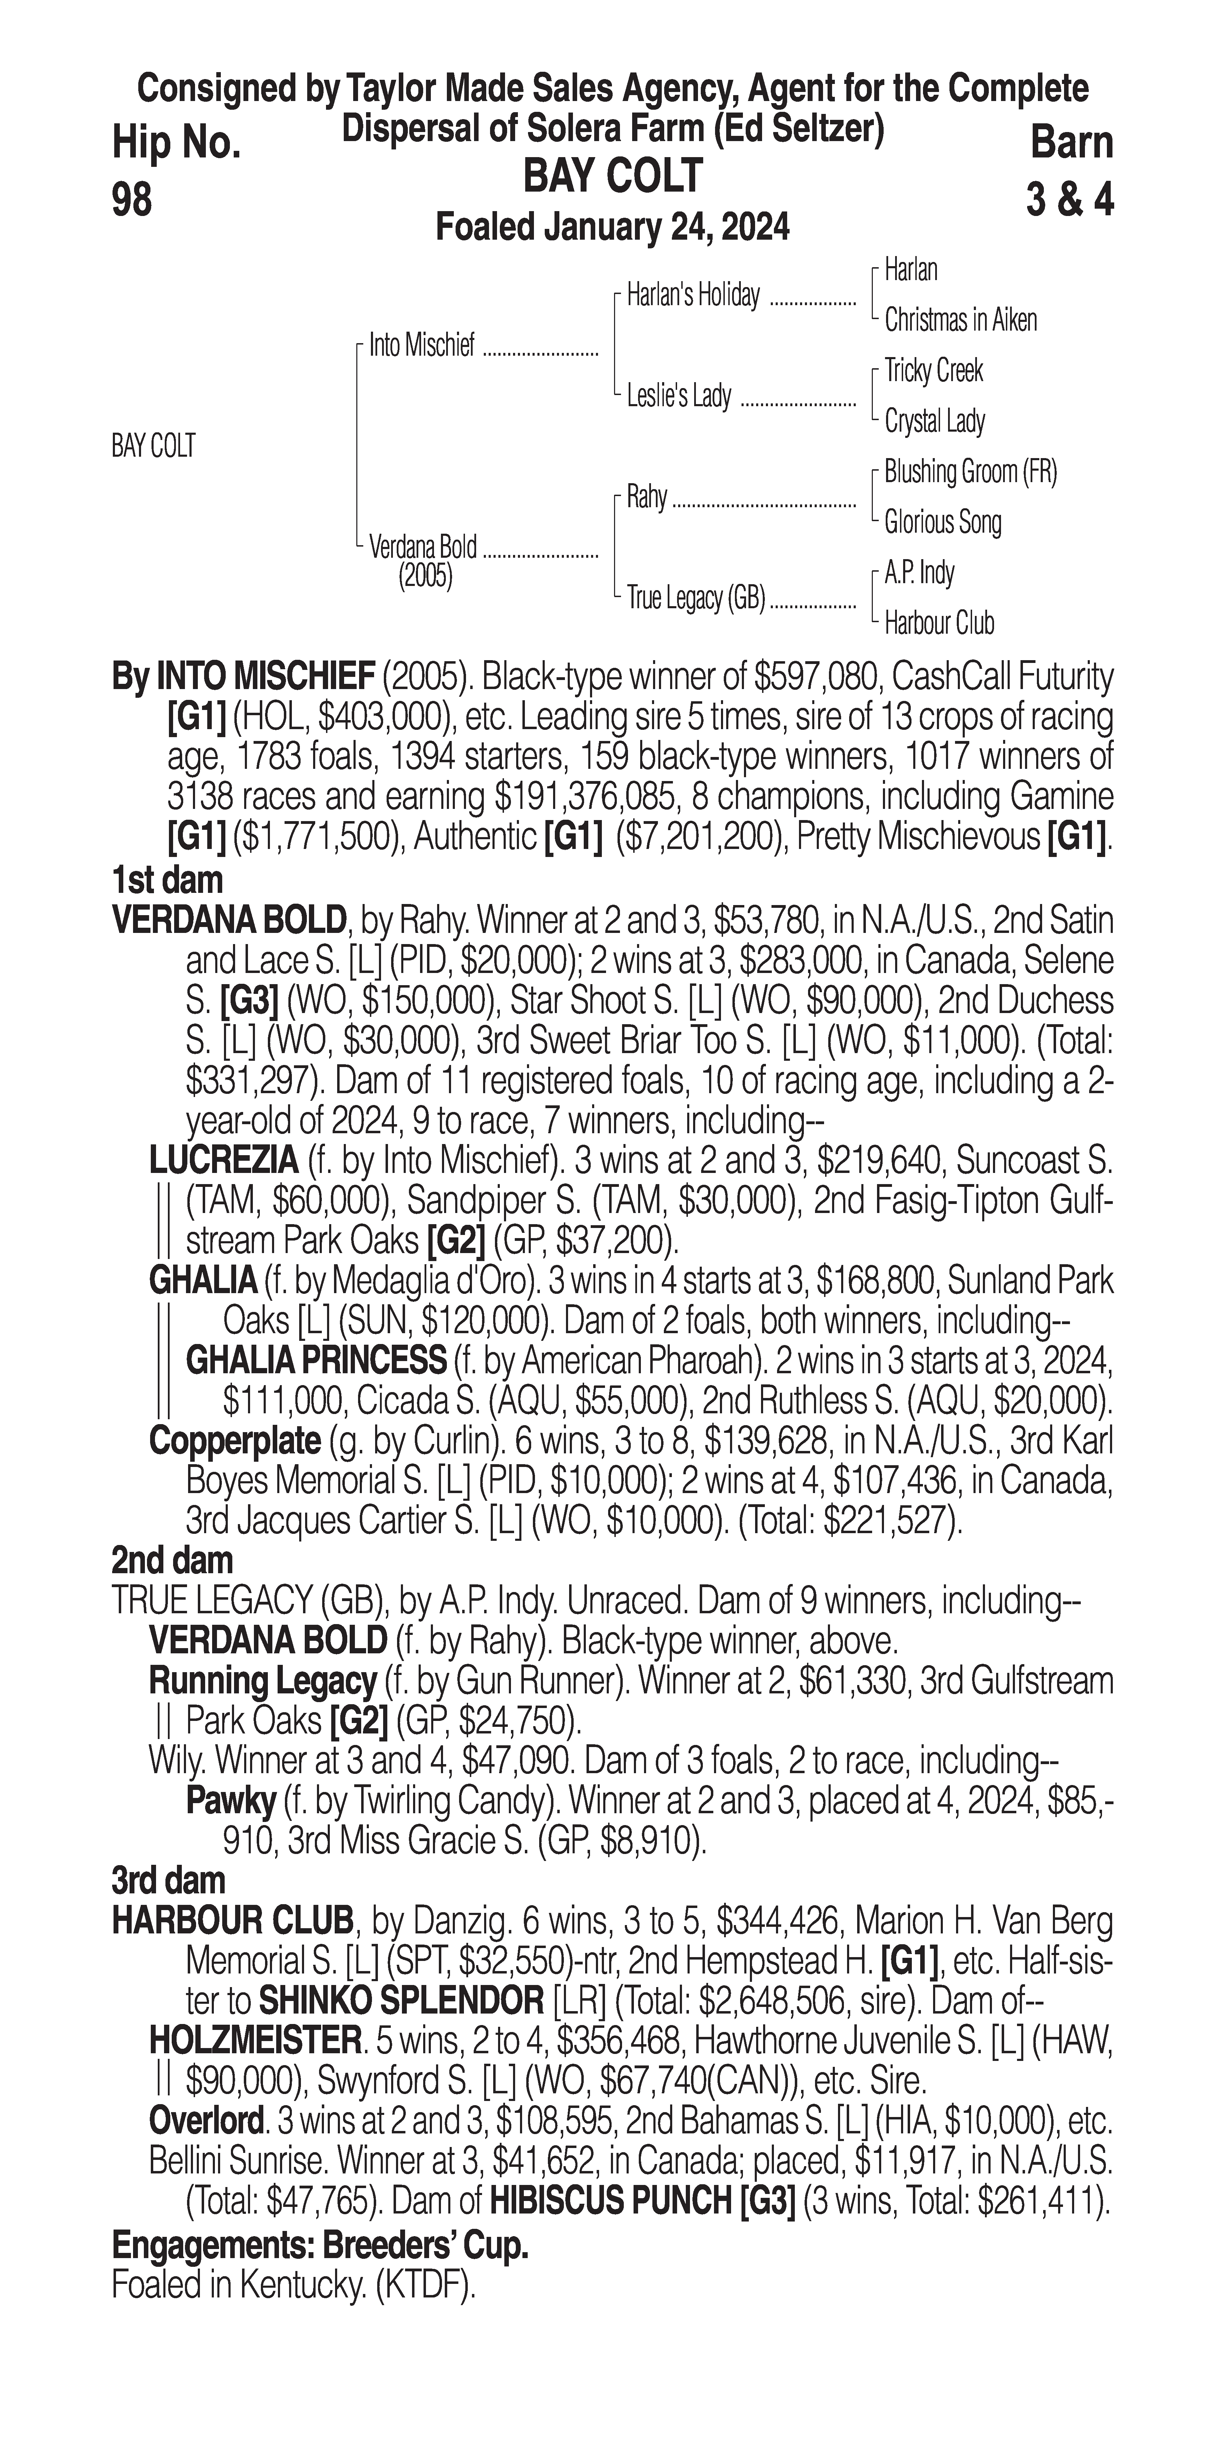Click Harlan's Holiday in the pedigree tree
click(693, 296)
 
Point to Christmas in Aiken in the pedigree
click(960, 320)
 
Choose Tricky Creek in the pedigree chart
click(933, 371)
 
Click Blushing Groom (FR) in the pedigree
click(969, 472)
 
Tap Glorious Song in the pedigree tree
click(942, 522)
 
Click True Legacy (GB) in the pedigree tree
click(696, 599)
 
